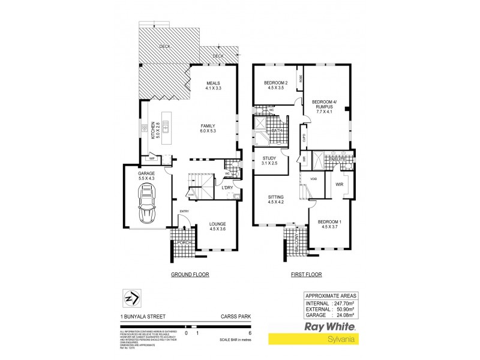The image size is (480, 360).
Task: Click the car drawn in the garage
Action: point(146,204)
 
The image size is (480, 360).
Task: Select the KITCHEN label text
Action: point(154,127)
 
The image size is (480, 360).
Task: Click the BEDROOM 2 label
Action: point(277,84)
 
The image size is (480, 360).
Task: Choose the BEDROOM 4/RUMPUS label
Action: point(327,106)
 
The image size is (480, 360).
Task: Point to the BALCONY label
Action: point(296,243)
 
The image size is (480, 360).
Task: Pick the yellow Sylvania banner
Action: point(329,339)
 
